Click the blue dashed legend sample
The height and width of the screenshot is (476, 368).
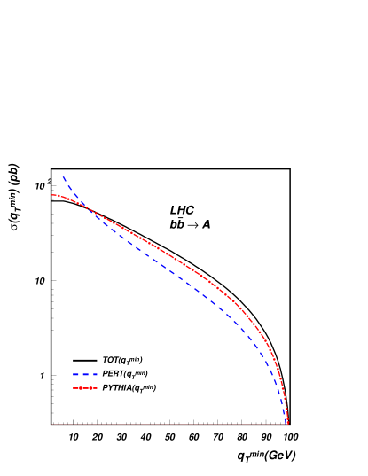(85, 374)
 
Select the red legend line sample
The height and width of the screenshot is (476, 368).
(85, 388)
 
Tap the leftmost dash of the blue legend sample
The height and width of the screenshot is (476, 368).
(75, 374)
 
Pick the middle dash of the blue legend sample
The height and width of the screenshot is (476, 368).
(85, 374)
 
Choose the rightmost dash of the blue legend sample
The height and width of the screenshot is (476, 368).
(94, 374)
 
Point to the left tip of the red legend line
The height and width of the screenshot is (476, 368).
(74, 388)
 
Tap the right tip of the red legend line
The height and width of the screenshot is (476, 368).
(97, 388)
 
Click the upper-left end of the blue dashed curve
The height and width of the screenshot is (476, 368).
(63, 177)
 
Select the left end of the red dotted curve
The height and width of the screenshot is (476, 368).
(52, 195)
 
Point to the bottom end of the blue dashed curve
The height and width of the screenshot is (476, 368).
(287, 423)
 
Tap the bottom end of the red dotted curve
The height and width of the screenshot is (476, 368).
(287, 423)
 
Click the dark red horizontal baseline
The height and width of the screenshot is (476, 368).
(168, 424)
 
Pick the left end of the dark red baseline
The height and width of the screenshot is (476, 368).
(52, 424)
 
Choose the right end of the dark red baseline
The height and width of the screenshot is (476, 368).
(287, 424)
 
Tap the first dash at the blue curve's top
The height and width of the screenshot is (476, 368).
(65, 180)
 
